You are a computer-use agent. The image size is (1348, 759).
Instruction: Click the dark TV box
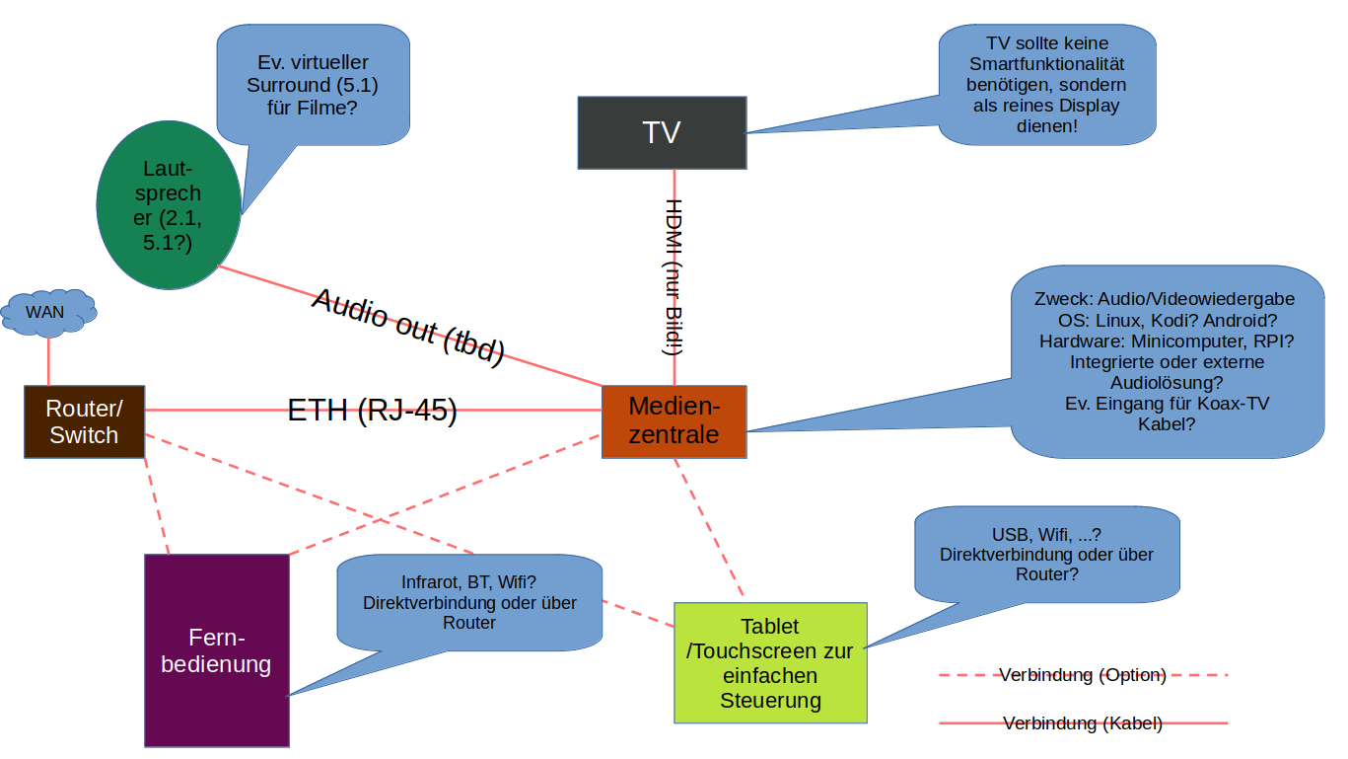point(661,132)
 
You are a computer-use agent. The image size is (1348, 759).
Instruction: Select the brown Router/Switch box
point(84,421)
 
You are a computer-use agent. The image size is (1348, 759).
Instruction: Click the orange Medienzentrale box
point(674,421)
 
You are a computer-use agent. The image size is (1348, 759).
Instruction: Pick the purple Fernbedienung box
point(216,650)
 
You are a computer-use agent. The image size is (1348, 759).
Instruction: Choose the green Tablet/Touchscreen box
point(770,663)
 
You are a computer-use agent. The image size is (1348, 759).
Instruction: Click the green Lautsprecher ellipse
point(168,205)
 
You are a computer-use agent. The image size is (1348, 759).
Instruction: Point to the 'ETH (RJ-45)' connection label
point(372,411)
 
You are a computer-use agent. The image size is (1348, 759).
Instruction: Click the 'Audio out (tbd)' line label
point(408,327)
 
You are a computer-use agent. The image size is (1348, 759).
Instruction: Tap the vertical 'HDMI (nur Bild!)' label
point(674,276)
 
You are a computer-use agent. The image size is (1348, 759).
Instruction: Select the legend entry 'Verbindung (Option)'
point(1083,675)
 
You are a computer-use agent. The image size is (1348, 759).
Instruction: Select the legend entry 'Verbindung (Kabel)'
point(1083,723)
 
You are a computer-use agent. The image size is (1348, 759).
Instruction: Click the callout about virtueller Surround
point(312,83)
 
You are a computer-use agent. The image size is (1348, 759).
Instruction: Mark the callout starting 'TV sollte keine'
point(1046,83)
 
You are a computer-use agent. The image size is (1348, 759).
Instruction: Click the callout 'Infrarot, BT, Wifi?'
point(469,602)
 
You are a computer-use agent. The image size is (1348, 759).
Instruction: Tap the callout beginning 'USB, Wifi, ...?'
point(1046,554)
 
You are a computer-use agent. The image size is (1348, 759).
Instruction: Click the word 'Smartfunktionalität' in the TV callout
point(1046,64)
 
